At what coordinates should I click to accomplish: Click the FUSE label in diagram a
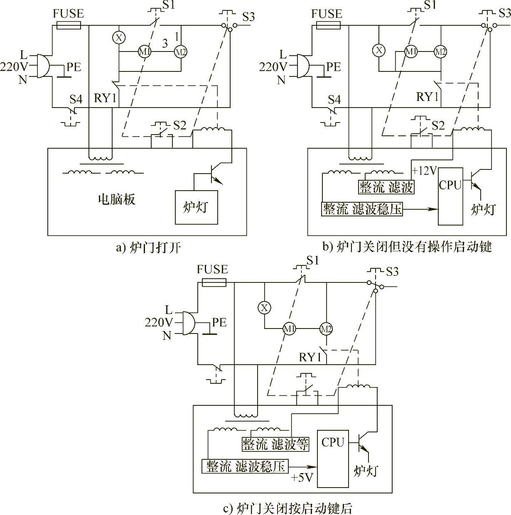[x=69, y=14]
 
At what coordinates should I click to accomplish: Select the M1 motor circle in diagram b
[x=411, y=52]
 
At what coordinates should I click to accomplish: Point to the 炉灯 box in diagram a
[x=196, y=207]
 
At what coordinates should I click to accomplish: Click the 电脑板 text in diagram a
[x=117, y=200]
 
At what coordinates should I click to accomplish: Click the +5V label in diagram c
[x=302, y=478]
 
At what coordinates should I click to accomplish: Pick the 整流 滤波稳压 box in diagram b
[x=362, y=209]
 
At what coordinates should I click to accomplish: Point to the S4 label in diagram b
[x=334, y=100]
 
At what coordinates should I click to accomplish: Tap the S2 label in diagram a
[x=180, y=125]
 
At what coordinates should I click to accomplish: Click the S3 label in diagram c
[x=392, y=272]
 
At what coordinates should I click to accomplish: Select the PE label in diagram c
[x=219, y=322]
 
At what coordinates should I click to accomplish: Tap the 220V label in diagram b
[x=273, y=66]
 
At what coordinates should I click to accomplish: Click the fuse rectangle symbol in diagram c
[x=214, y=283]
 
